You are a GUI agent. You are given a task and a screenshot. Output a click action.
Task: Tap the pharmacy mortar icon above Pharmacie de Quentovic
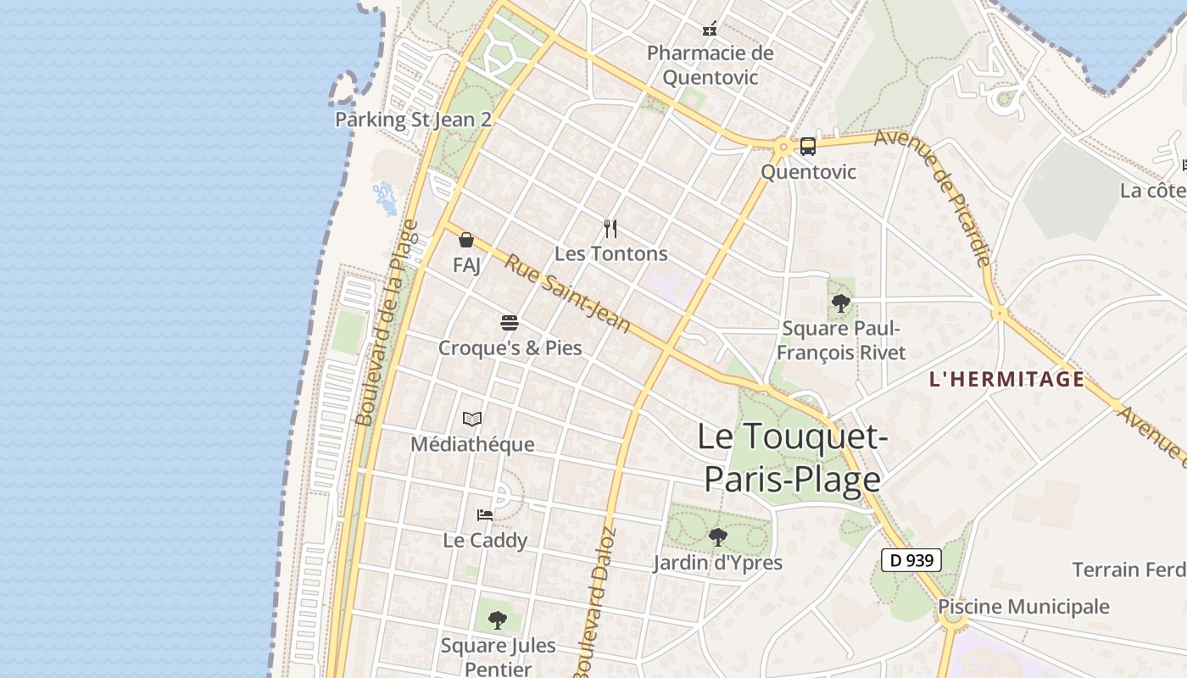point(711,30)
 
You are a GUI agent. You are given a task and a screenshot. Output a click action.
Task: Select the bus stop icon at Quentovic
point(808,147)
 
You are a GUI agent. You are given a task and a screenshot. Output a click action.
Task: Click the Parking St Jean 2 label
point(413,119)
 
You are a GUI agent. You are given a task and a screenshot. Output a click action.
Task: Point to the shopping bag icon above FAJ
point(466,240)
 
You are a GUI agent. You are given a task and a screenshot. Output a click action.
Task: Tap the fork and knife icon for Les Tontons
point(610,228)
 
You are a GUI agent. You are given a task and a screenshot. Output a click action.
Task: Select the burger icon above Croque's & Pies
point(510,323)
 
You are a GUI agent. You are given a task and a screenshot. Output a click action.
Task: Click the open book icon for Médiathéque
point(472,419)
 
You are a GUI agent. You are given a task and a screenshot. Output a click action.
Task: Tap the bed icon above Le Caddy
point(485,514)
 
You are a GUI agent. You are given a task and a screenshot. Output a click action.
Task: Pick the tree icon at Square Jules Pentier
point(498,620)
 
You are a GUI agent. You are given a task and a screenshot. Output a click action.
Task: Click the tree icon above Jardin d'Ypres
point(718,536)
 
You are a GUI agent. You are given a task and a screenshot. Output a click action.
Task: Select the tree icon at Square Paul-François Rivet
point(840,303)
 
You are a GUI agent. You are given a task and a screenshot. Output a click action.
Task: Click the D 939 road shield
point(911,560)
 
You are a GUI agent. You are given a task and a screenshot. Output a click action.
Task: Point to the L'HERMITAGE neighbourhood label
point(1006,379)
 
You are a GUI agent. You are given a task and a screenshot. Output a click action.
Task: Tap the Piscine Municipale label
point(1023,607)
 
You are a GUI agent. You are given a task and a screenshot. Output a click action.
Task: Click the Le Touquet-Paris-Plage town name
point(793,458)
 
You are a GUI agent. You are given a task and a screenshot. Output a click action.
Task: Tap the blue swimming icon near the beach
point(385,197)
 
